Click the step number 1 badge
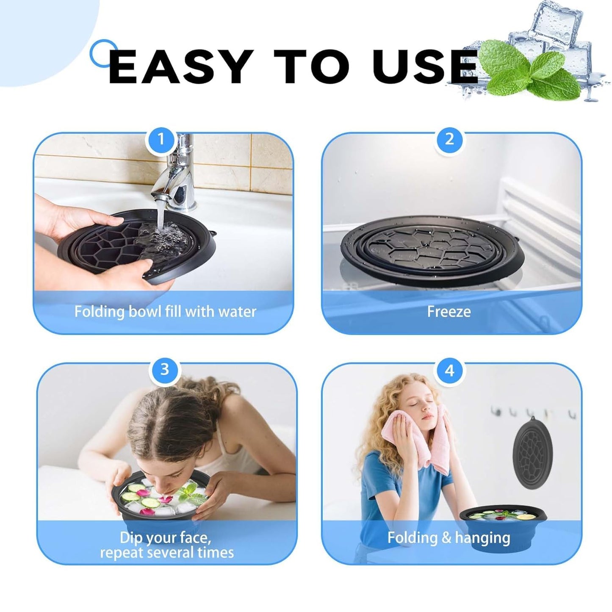point(161,139)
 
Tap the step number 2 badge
point(449,139)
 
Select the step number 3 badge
point(165,369)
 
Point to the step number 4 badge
point(449,371)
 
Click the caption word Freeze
point(449,312)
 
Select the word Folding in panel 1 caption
point(99,312)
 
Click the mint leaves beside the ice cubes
point(534,70)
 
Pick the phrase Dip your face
point(165,538)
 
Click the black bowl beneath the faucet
point(136,246)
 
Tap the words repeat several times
point(167,553)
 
